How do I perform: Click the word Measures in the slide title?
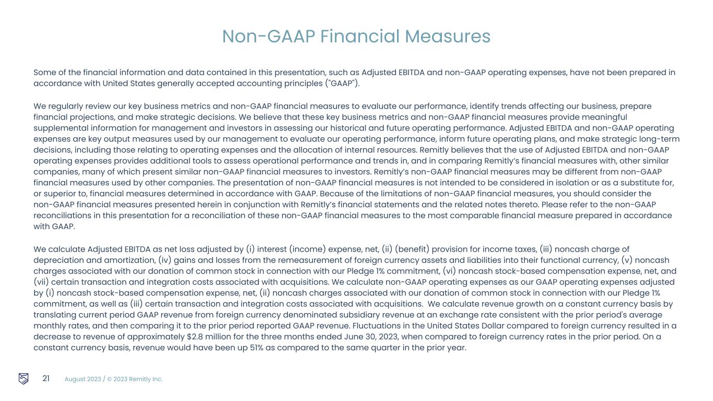[x=448, y=37]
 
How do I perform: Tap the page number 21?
[x=46, y=379]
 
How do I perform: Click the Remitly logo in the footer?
[x=24, y=379]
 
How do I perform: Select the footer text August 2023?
[x=82, y=379]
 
